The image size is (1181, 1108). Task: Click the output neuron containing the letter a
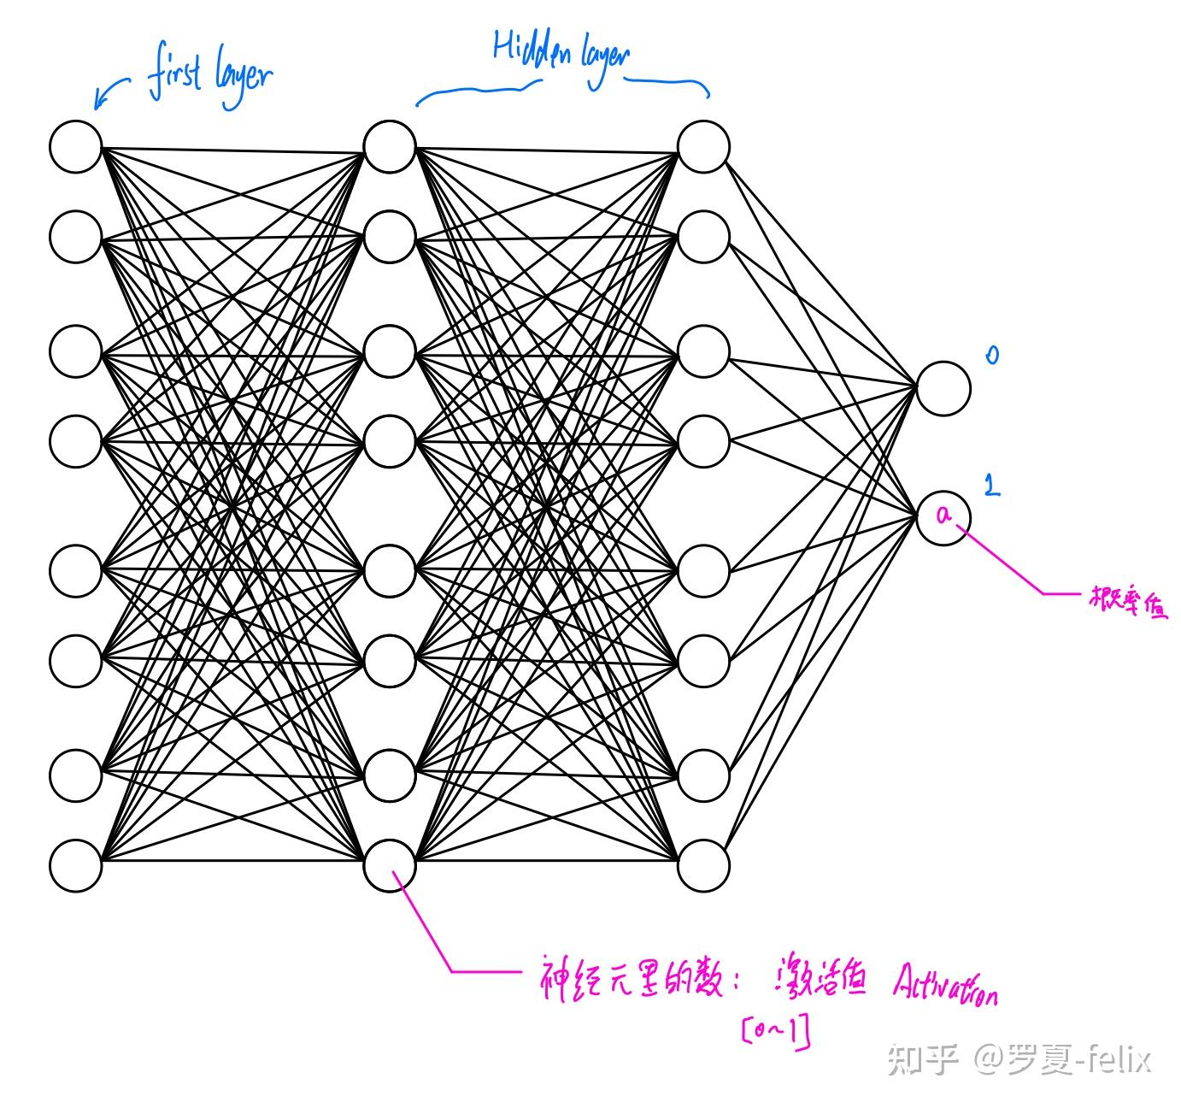pos(943,516)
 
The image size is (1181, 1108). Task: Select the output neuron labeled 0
pos(943,388)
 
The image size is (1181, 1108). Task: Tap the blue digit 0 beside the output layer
pos(992,355)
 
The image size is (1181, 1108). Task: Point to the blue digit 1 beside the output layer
pos(991,486)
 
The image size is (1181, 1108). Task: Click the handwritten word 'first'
pos(175,75)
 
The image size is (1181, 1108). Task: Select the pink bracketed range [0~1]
pos(776,1032)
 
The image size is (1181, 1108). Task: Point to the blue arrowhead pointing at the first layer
pos(99,104)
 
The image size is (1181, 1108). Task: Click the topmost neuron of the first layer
pos(75,146)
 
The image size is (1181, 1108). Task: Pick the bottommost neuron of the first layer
pos(75,865)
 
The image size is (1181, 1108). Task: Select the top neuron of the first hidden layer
pos(390,146)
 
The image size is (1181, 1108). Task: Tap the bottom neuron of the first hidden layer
pos(390,865)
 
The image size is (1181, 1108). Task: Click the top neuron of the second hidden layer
pos(703,146)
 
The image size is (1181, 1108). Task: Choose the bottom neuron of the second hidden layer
pos(703,865)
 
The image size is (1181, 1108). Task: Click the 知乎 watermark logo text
pos(921,1060)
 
